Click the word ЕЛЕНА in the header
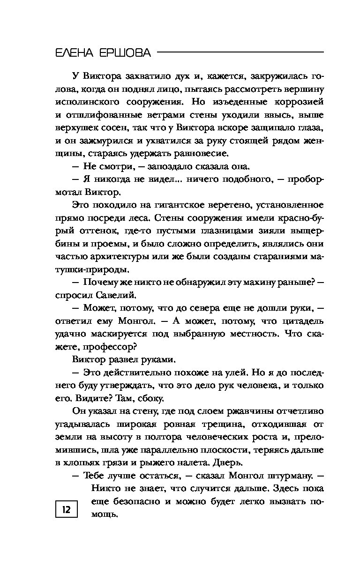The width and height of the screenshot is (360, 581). coord(75,53)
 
